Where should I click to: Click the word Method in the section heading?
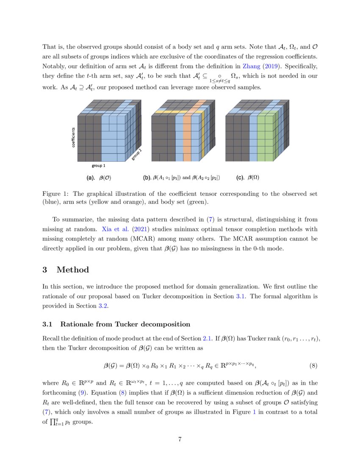(x=72, y=270)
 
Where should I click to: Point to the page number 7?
(x=180, y=439)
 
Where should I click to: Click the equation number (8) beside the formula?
(x=311, y=365)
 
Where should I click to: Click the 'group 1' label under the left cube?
(x=99, y=166)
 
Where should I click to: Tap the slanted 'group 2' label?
(x=136, y=156)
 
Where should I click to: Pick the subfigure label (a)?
(x=91, y=178)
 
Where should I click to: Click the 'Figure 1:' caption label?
(x=55, y=194)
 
